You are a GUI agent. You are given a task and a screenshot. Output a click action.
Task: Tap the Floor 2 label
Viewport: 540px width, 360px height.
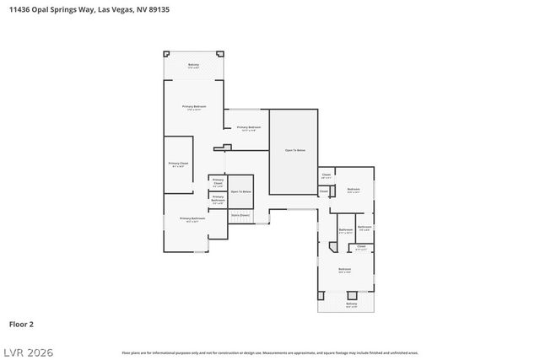tap(21, 324)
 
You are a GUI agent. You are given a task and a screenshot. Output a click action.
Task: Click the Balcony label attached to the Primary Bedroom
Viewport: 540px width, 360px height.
tap(193, 65)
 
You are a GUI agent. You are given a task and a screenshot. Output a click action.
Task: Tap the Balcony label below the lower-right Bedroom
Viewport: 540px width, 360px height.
tap(351, 304)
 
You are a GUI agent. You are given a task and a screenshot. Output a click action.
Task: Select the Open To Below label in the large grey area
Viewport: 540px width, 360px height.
tap(294, 150)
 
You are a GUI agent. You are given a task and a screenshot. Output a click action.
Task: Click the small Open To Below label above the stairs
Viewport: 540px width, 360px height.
tap(241, 192)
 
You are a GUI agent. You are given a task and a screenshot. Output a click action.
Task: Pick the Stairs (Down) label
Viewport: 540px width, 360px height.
tap(240, 215)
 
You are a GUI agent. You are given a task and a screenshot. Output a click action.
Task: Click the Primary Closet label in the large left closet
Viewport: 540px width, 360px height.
tap(177, 164)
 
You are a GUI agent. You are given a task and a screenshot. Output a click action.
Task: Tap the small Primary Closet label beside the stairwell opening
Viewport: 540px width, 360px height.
tap(218, 182)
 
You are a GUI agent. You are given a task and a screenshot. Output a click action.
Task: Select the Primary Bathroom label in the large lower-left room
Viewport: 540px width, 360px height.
tap(192, 219)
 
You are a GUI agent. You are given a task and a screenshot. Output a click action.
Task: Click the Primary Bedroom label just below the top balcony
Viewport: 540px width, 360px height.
tap(194, 107)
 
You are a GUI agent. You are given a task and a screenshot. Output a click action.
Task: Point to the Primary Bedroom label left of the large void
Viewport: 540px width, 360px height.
tap(248, 128)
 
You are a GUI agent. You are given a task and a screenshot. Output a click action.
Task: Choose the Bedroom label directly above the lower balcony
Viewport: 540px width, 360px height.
tap(344, 270)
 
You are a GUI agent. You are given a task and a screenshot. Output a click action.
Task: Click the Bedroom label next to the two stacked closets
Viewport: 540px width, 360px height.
tap(354, 190)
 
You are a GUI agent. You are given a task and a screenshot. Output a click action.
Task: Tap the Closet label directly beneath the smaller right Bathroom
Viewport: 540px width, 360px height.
tap(361, 248)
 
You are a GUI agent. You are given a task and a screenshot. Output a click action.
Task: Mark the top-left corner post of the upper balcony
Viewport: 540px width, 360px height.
tap(165, 54)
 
